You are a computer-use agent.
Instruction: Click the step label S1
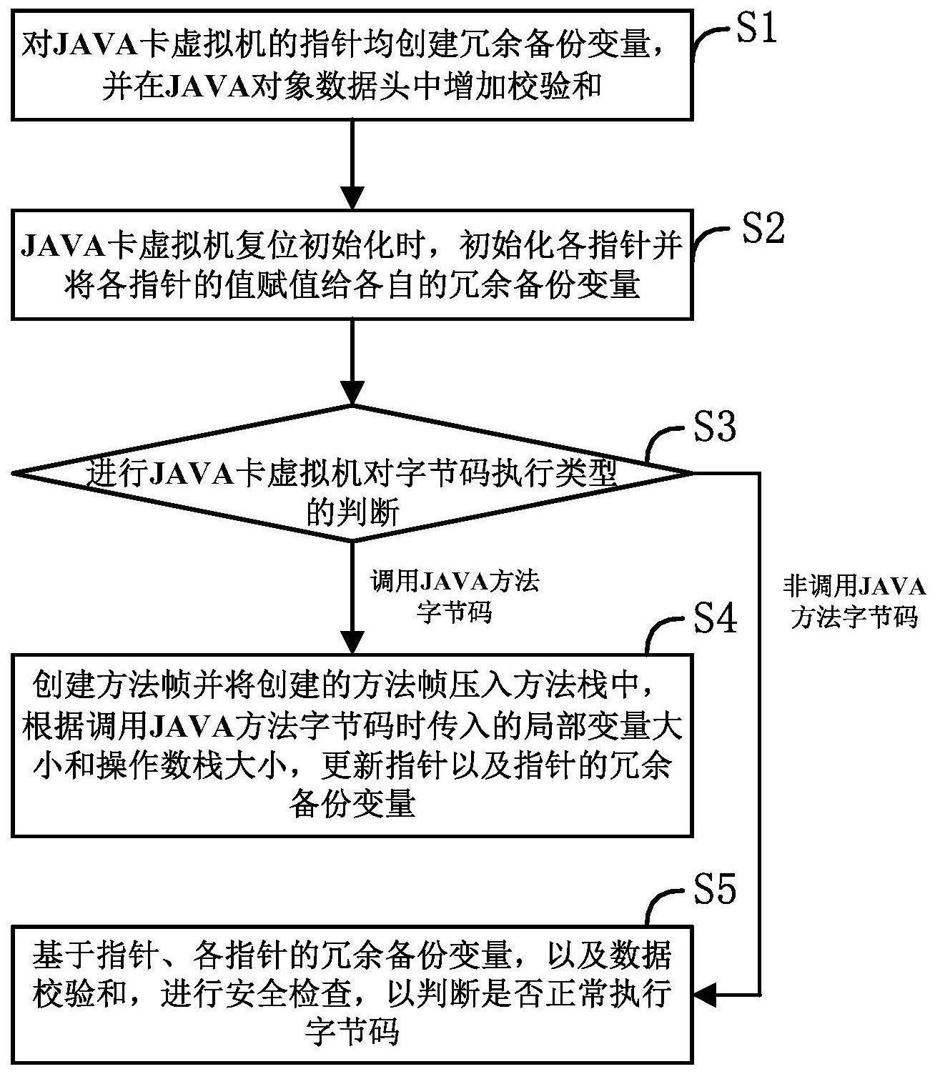(756, 31)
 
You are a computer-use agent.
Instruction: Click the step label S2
(763, 230)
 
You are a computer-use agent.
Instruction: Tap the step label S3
(715, 427)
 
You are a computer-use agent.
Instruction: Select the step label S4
(716, 618)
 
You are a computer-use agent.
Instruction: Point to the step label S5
(715, 890)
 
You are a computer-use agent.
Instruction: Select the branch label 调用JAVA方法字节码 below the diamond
(455, 597)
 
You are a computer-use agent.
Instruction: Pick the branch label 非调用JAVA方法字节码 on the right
(854, 602)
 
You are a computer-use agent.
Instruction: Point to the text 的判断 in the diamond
(353, 512)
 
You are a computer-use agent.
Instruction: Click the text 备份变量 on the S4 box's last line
(353, 805)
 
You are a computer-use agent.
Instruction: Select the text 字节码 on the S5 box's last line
(353, 1032)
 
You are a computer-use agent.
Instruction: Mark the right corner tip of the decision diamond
(692, 472)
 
